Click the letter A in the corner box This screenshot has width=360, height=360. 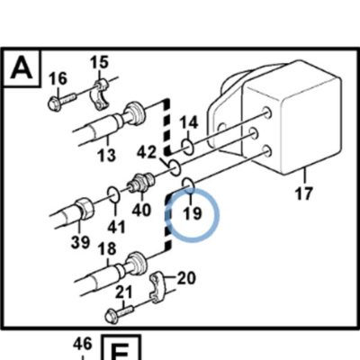pos(22,68)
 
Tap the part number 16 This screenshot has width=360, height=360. pos(58,79)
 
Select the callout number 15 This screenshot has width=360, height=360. pos(99,62)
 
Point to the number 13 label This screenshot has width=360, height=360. pos(107,156)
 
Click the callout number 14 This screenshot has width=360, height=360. pos(189,123)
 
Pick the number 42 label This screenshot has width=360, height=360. pos(147,153)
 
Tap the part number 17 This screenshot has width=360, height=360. pos(304,193)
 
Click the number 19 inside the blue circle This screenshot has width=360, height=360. pos(193,213)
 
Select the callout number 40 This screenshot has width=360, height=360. pos(141,210)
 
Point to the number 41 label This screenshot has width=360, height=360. pos(116,228)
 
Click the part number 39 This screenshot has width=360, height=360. pos(80,242)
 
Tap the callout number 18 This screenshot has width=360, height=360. pos(107,248)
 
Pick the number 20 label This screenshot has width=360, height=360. pos(186,278)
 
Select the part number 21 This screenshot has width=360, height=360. pos(124,292)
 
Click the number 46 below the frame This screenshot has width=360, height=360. pos(82,344)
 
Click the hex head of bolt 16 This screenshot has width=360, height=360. pos(55,103)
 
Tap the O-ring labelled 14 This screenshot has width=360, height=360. pos(188,147)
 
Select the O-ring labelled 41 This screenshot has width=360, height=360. pos(114,194)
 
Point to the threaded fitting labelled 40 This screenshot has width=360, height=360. pos(140,183)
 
